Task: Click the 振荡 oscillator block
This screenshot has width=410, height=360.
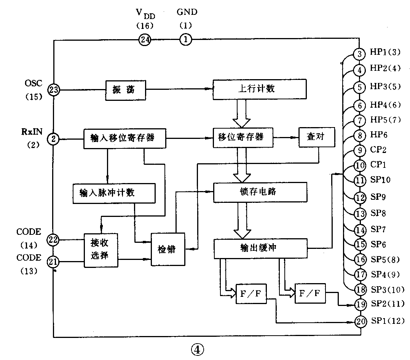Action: point(125,90)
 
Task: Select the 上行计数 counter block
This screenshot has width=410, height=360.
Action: point(260,89)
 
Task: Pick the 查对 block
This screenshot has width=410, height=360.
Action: point(317,137)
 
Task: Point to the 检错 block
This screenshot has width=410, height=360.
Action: point(168,249)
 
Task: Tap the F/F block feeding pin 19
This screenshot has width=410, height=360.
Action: point(310,293)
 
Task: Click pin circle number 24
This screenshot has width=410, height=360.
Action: point(145,39)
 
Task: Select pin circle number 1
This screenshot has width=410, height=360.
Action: point(185,39)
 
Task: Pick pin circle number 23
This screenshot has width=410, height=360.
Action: point(54,90)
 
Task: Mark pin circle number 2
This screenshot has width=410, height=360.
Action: point(54,139)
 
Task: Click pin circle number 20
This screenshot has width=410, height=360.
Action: point(360,321)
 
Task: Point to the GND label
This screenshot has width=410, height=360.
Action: point(187,12)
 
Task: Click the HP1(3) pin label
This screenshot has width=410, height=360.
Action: point(385,53)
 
